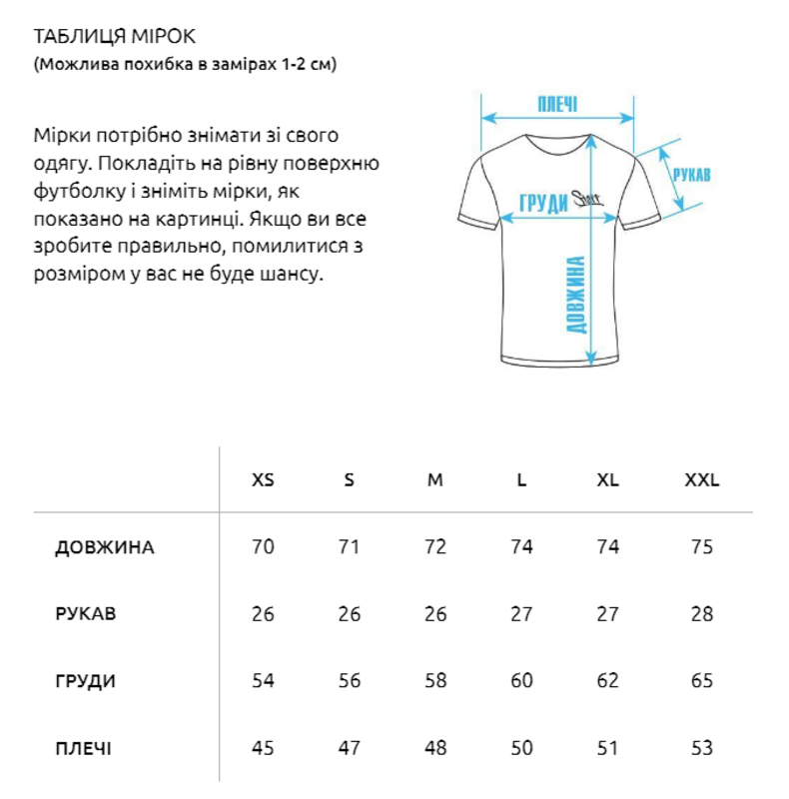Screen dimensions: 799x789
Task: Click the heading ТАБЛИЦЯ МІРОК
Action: pos(115,37)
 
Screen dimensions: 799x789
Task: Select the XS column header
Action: pos(263,479)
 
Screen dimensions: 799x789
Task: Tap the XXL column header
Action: pos(701,479)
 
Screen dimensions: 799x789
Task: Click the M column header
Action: pos(435,479)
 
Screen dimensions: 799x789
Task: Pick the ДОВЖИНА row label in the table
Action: pos(105,547)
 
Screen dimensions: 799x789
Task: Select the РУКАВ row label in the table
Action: pos(86,614)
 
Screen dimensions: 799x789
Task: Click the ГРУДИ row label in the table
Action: pos(85,681)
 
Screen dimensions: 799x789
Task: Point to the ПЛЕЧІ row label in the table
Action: pos(84,748)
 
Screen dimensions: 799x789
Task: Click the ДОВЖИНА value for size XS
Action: pos(263,547)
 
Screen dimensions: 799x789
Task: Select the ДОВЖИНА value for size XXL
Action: pos(701,547)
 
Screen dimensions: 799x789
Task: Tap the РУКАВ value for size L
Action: pos(521,614)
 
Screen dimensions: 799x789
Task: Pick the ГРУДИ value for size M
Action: pos(435,681)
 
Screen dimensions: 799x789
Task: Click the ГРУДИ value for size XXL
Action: pos(701,681)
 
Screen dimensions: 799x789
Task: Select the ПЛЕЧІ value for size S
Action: pos(349,748)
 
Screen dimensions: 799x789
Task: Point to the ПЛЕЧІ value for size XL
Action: pos(607,748)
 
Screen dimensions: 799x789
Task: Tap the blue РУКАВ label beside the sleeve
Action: pos(692,174)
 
